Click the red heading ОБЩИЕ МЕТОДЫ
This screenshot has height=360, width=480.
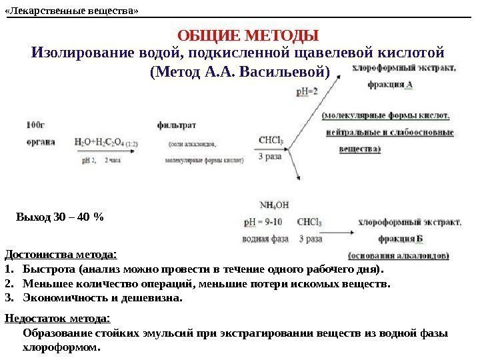tap(249, 35)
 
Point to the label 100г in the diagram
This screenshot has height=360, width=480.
tap(36, 125)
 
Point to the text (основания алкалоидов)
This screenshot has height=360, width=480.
tap(399, 255)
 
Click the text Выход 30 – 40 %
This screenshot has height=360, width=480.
tap(60, 217)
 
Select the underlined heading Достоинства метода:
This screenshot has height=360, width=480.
tap(61, 254)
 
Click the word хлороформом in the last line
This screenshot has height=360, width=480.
tap(61, 347)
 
